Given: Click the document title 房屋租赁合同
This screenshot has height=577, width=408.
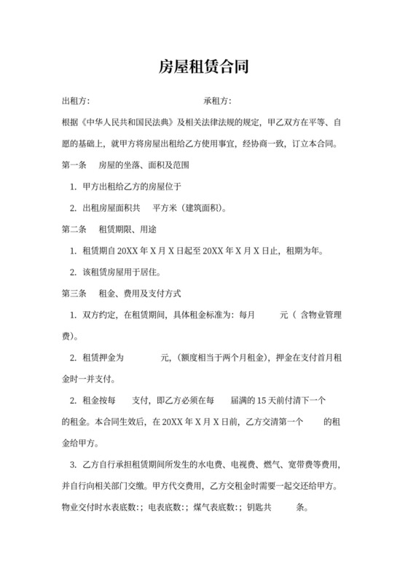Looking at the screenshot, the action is click(x=204, y=67).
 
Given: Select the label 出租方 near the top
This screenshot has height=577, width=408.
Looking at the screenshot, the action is click(x=74, y=101).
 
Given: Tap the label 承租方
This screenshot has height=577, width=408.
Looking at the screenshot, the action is click(x=216, y=101).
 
